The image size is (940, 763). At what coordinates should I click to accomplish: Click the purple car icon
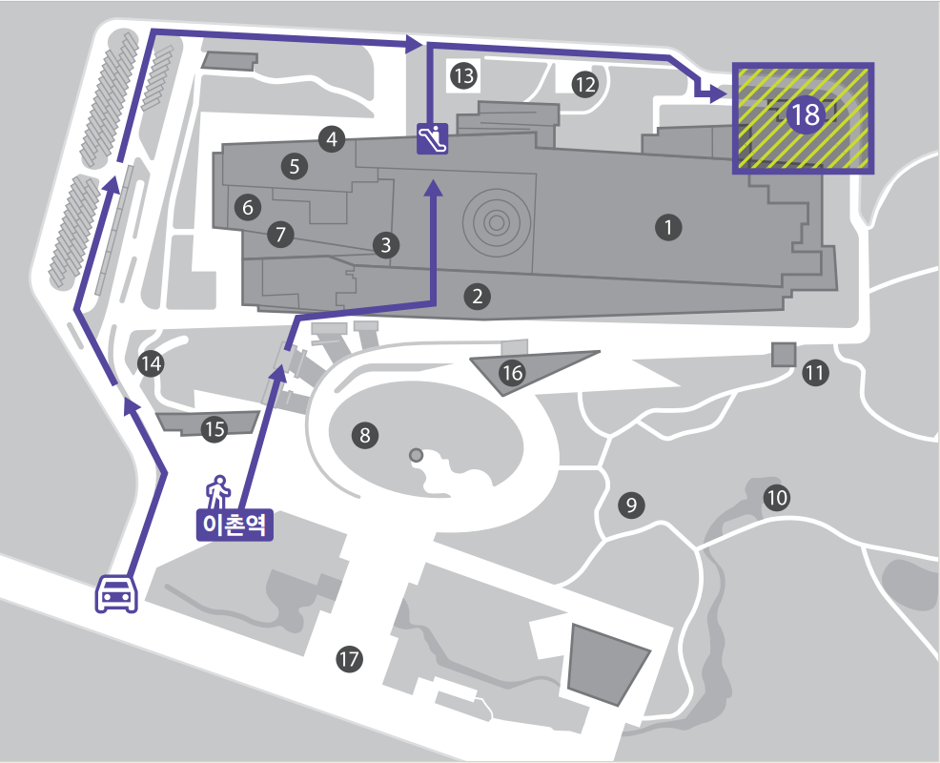[117, 593]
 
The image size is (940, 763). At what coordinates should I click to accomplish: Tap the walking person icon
[219, 491]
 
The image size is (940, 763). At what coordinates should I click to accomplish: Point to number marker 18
[805, 115]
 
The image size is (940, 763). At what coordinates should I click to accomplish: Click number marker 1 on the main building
[669, 227]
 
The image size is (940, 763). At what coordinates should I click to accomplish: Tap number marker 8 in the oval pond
[364, 436]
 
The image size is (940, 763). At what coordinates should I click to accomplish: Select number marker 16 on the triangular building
[512, 373]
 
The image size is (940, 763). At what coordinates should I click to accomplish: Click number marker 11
[814, 373]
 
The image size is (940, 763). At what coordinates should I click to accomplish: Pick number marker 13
[463, 76]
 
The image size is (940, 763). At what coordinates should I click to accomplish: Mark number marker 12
[584, 85]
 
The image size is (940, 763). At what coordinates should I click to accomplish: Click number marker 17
[350, 657]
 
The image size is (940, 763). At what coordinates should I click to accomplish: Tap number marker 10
[777, 497]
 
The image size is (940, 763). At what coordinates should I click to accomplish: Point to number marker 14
[151, 362]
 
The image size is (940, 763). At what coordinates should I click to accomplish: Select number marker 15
[215, 430]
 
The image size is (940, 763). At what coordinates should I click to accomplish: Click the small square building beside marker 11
[784, 354]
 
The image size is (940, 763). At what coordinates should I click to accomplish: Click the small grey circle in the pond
[416, 455]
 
